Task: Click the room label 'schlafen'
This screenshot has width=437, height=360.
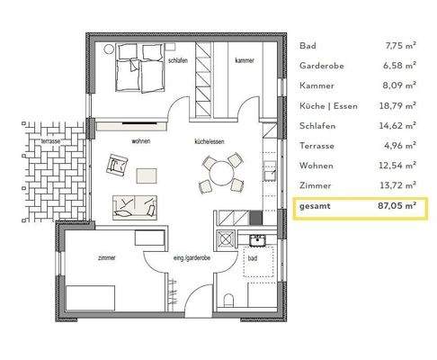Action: [x=176, y=60]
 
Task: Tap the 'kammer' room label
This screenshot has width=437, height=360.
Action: [x=243, y=60]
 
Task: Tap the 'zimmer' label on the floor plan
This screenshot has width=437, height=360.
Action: [x=106, y=257]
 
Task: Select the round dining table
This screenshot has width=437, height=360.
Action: [x=219, y=171]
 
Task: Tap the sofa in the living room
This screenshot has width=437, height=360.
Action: [x=133, y=205]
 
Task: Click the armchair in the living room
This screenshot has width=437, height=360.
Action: [x=118, y=165]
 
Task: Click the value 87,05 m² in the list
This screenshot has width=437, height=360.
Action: [x=394, y=207]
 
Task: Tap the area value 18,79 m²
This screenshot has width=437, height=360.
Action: [x=395, y=106]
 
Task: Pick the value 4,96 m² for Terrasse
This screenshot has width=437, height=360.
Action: [x=397, y=147]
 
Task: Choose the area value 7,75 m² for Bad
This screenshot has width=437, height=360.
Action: [x=397, y=46]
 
